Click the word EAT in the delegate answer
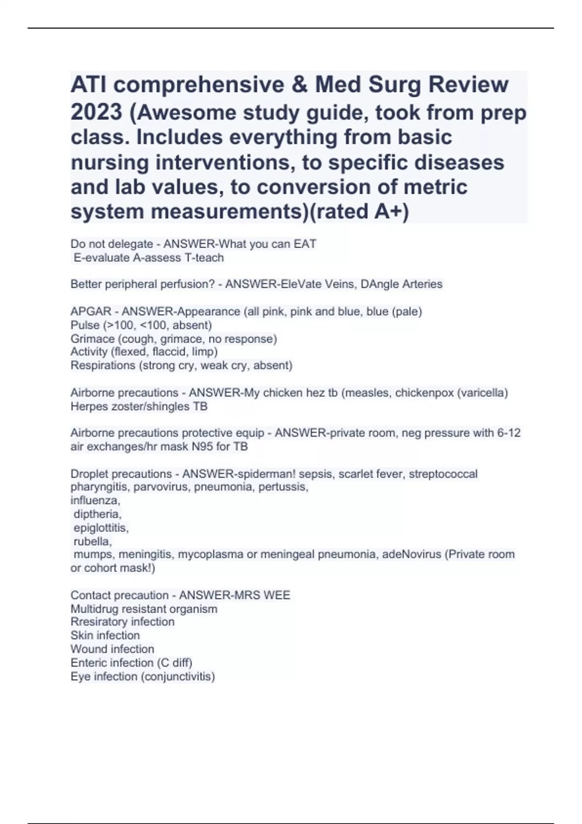[305, 244]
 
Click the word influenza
[95, 500]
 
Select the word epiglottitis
[101, 527]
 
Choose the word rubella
[93, 541]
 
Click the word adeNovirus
[412, 554]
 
